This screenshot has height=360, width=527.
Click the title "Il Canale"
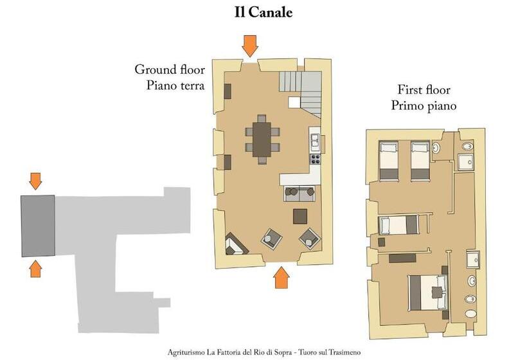(263, 12)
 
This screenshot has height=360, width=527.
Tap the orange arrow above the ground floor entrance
(250, 46)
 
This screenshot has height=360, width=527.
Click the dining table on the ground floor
(262, 139)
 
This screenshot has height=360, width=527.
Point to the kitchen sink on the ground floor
(316, 141)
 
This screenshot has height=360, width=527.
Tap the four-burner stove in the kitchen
(316, 159)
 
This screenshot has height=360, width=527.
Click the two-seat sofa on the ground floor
(299, 194)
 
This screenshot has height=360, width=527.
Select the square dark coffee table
(300, 217)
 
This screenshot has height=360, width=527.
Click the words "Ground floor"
(170, 69)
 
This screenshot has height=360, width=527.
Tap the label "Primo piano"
(424, 106)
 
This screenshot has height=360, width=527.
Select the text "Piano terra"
(175, 85)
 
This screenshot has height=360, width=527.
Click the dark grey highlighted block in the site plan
(38, 226)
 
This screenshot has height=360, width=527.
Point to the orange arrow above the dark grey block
(35, 181)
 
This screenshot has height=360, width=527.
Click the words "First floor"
(424, 90)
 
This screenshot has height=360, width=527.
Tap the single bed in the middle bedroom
(398, 225)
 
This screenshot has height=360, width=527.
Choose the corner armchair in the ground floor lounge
(235, 244)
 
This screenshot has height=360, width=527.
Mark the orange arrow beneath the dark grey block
(35, 269)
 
